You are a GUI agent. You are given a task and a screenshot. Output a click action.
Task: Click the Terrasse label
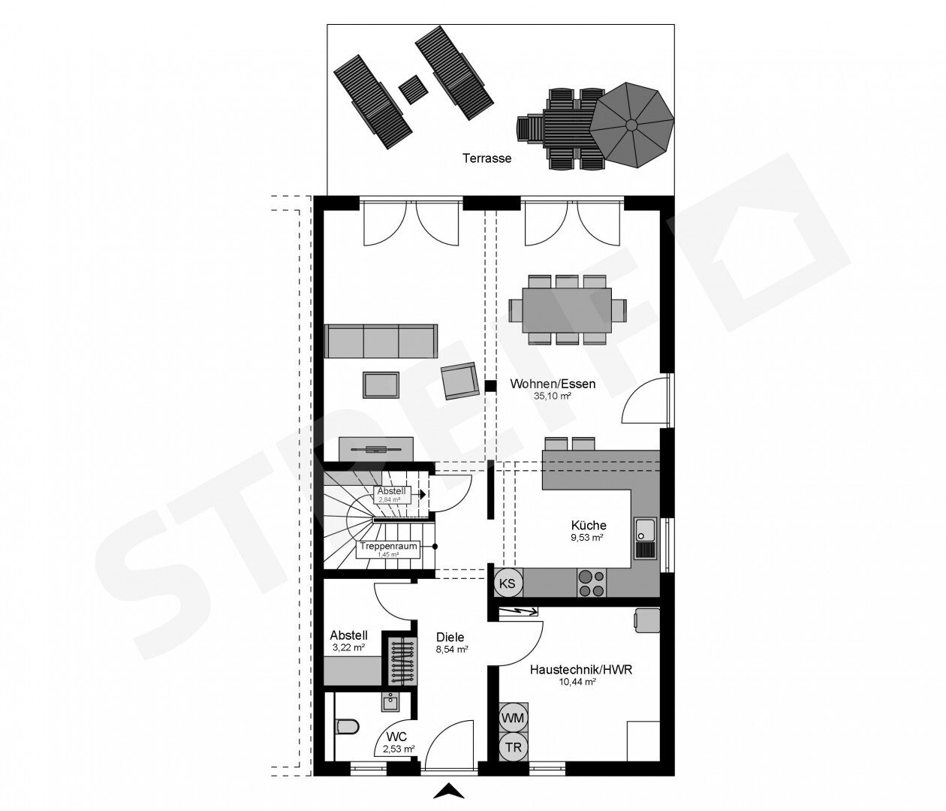pos(487,158)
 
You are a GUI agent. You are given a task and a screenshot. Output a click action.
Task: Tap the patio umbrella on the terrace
pos(631,125)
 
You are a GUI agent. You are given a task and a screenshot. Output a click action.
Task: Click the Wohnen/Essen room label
pos(553,384)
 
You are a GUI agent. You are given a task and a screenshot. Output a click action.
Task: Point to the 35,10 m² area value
pos(553,396)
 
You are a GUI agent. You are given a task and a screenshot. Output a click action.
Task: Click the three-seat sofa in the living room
pos(381,341)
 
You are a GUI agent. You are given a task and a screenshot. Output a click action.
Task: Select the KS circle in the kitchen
pos(508,583)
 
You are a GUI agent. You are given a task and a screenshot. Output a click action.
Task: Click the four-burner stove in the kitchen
pos(591,583)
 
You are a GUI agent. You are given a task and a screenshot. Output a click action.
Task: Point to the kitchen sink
pos(646,538)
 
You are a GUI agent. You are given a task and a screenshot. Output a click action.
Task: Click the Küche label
pos(589,526)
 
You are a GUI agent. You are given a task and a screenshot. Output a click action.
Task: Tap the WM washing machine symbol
pos(513,718)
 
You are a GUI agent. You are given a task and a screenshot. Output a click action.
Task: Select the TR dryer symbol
pos(513,747)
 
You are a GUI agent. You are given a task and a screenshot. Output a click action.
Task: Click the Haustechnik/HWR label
pos(581,670)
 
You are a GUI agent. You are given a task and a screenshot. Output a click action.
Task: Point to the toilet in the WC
pos(348,726)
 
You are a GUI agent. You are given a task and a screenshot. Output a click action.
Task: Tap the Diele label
pos(450,637)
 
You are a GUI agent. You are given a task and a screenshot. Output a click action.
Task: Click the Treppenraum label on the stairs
pos(388,546)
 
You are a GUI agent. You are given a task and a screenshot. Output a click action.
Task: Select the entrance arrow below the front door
pos(449,791)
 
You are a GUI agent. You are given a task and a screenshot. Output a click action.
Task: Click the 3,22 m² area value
pos(348,647)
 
